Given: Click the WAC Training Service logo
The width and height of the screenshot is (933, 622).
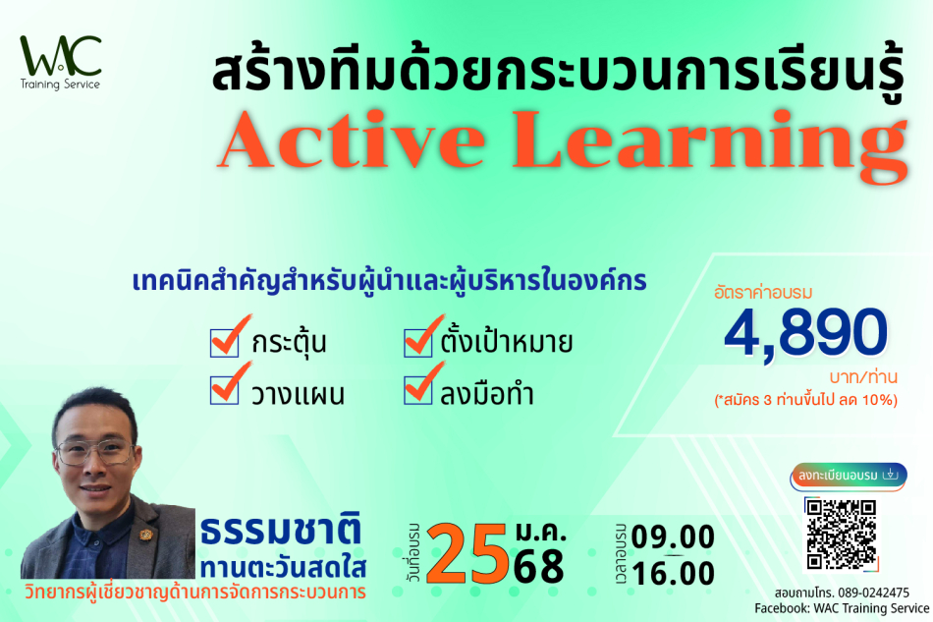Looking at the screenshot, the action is [x=61, y=63].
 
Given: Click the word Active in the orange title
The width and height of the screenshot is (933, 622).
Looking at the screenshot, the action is [x=352, y=140].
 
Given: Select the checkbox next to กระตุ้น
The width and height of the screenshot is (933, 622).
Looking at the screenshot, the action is [x=224, y=343].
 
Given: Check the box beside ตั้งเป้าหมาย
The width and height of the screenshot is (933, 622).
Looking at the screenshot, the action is [x=417, y=343].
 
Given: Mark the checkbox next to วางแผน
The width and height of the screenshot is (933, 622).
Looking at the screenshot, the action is [x=224, y=390].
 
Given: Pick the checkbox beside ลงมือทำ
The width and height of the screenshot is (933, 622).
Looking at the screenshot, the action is [x=417, y=390].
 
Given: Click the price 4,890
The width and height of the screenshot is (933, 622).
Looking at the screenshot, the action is [x=805, y=333].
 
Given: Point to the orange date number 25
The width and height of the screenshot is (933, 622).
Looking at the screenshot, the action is [x=467, y=553].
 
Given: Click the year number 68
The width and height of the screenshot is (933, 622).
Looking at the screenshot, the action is [x=538, y=566].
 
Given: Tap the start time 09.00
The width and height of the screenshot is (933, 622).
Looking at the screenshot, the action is [x=673, y=537].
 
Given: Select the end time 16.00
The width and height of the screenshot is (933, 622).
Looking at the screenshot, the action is [x=673, y=574].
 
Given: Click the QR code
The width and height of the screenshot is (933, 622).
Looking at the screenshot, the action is [x=842, y=534].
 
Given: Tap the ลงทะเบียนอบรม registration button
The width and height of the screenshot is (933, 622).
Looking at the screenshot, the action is [x=849, y=476].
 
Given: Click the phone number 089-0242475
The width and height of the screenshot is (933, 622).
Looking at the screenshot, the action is [x=873, y=593].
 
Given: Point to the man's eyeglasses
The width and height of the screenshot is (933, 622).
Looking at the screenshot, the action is [x=94, y=452].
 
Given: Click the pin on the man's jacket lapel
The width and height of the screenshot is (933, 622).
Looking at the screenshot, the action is [x=145, y=535].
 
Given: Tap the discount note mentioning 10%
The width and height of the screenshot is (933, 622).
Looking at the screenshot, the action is [x=805, y=399].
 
